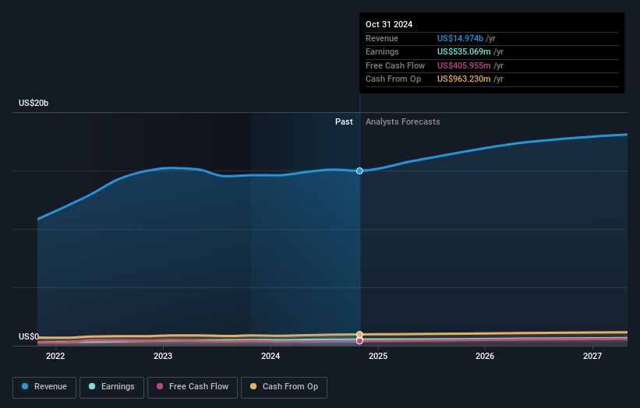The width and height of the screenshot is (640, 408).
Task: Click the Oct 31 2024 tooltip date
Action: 387,24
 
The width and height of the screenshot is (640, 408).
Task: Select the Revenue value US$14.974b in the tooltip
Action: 465,38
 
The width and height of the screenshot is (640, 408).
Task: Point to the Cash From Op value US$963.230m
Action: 466,79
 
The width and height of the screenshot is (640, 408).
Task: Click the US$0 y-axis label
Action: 29,336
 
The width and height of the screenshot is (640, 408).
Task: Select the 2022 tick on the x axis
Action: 55,357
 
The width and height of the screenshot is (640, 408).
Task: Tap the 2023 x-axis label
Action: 163,357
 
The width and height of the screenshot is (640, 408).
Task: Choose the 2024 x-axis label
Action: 270,357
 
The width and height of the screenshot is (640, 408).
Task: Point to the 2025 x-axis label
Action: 378,357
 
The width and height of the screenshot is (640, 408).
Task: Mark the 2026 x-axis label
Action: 485,357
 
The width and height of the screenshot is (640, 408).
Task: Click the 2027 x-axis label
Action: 592,357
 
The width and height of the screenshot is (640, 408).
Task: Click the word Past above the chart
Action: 344,121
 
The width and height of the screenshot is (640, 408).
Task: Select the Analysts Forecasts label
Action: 402,121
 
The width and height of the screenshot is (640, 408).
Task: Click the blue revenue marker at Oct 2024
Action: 359,171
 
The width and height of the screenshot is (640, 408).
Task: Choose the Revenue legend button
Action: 44,387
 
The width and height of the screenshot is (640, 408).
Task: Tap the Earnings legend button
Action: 111,387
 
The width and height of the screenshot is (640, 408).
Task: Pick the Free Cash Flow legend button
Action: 193,387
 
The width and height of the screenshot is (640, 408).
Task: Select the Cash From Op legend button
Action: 285,387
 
